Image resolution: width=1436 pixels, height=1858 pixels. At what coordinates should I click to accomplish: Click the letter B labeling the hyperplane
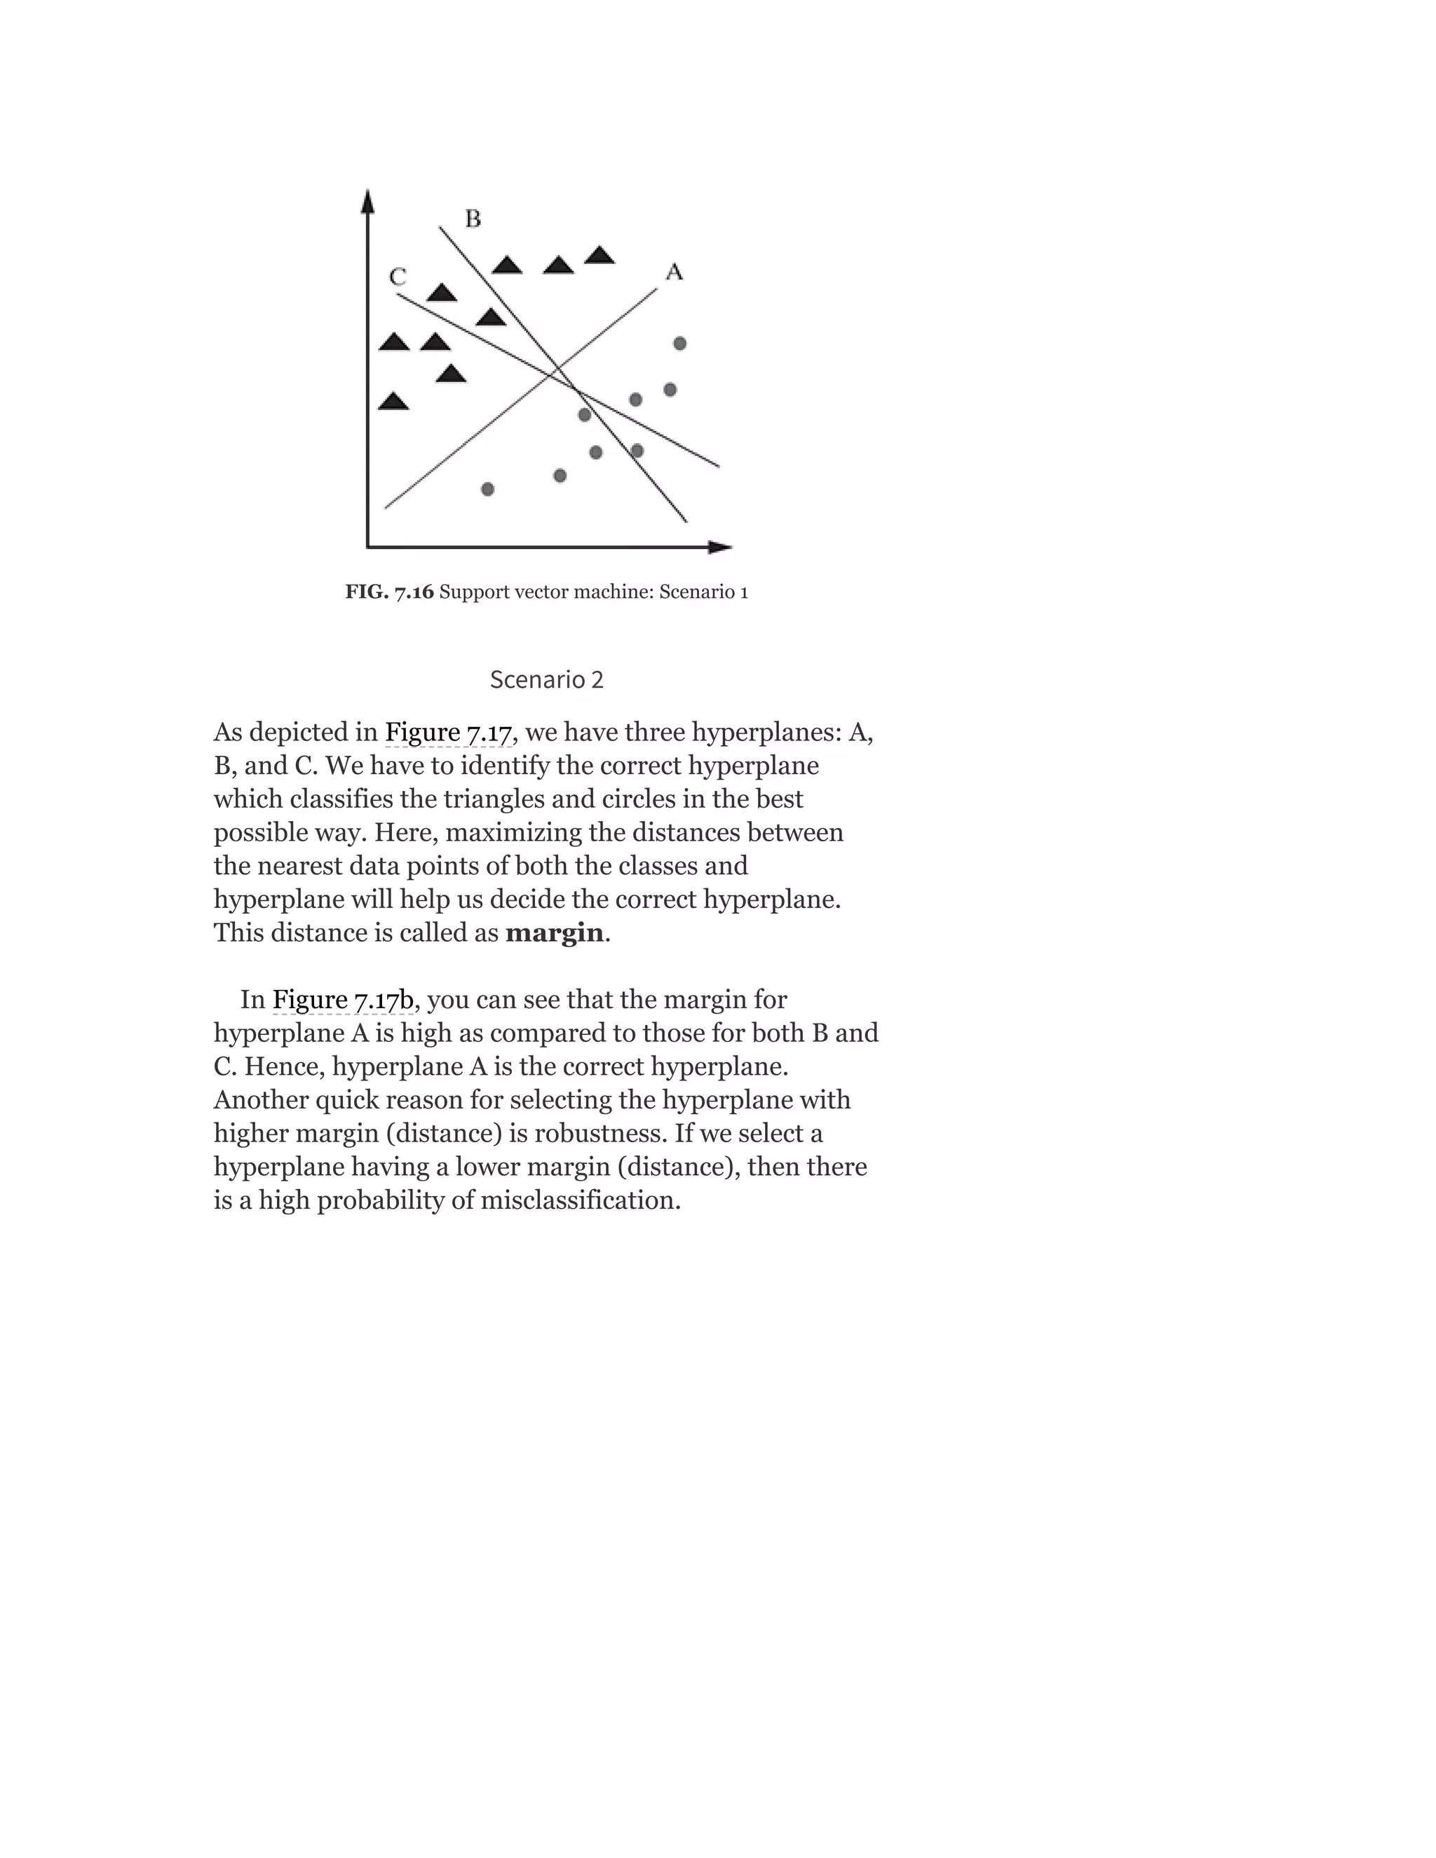[473, 219]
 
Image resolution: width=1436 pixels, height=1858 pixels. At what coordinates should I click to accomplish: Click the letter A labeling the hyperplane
[674, 272]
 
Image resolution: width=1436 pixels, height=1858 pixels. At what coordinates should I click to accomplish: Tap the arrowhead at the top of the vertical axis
[367, 201]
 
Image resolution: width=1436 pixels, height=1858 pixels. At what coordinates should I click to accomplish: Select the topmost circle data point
[679, 344]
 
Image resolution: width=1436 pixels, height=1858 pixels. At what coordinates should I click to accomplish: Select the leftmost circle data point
[487, 489]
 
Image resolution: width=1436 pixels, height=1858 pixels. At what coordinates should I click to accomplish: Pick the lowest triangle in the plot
[393, 402]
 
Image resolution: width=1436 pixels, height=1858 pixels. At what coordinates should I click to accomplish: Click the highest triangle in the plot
[600, 255]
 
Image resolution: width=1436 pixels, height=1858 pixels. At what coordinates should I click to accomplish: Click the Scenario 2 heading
[546, 679]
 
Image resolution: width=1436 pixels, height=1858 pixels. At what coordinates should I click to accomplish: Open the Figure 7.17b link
[342, 1000]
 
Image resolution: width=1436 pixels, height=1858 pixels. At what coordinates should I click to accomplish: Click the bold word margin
[554, 933]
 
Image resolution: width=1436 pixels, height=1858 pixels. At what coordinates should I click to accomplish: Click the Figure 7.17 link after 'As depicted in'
[447, 733]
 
